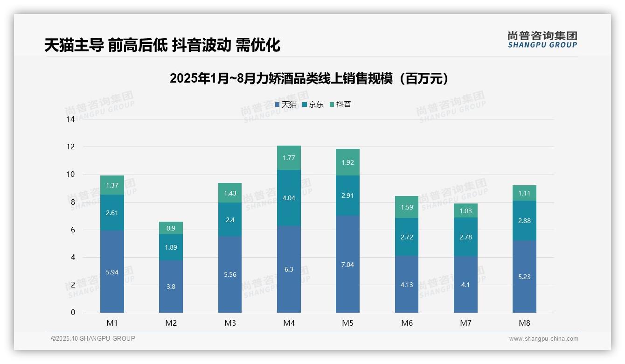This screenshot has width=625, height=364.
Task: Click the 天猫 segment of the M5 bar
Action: tap(347, 264)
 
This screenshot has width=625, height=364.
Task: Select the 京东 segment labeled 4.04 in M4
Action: tap(289, 198)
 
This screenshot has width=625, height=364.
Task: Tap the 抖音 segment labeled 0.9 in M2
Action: tap(171, 228)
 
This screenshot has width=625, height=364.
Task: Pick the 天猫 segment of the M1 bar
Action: tap(112, 272)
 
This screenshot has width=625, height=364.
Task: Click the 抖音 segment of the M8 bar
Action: tap(524, 193)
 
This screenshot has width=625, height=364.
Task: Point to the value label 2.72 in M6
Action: tap(407, 237)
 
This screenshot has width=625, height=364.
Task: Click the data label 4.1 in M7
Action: tap(465, 285)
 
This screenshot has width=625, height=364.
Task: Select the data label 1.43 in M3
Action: tap(230, 193)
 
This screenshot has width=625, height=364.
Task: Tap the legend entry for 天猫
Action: tap(285, 105)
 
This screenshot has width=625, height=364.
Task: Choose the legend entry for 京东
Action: tap(313, 105)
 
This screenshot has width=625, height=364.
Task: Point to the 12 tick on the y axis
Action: tap(70, 147)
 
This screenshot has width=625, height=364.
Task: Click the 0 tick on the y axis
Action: tap(73, 313)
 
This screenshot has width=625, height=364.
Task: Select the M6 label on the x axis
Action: tap(407, 323)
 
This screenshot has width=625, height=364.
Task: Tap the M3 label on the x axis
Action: tap(230, 323)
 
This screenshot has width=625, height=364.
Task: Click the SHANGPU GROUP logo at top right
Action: tap(542, 40)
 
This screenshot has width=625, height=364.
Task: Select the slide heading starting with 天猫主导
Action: tap(162, 45)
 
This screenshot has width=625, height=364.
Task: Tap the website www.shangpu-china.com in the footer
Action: tap(543, 339)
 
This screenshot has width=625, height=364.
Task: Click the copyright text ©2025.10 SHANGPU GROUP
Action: tap(93, 339)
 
